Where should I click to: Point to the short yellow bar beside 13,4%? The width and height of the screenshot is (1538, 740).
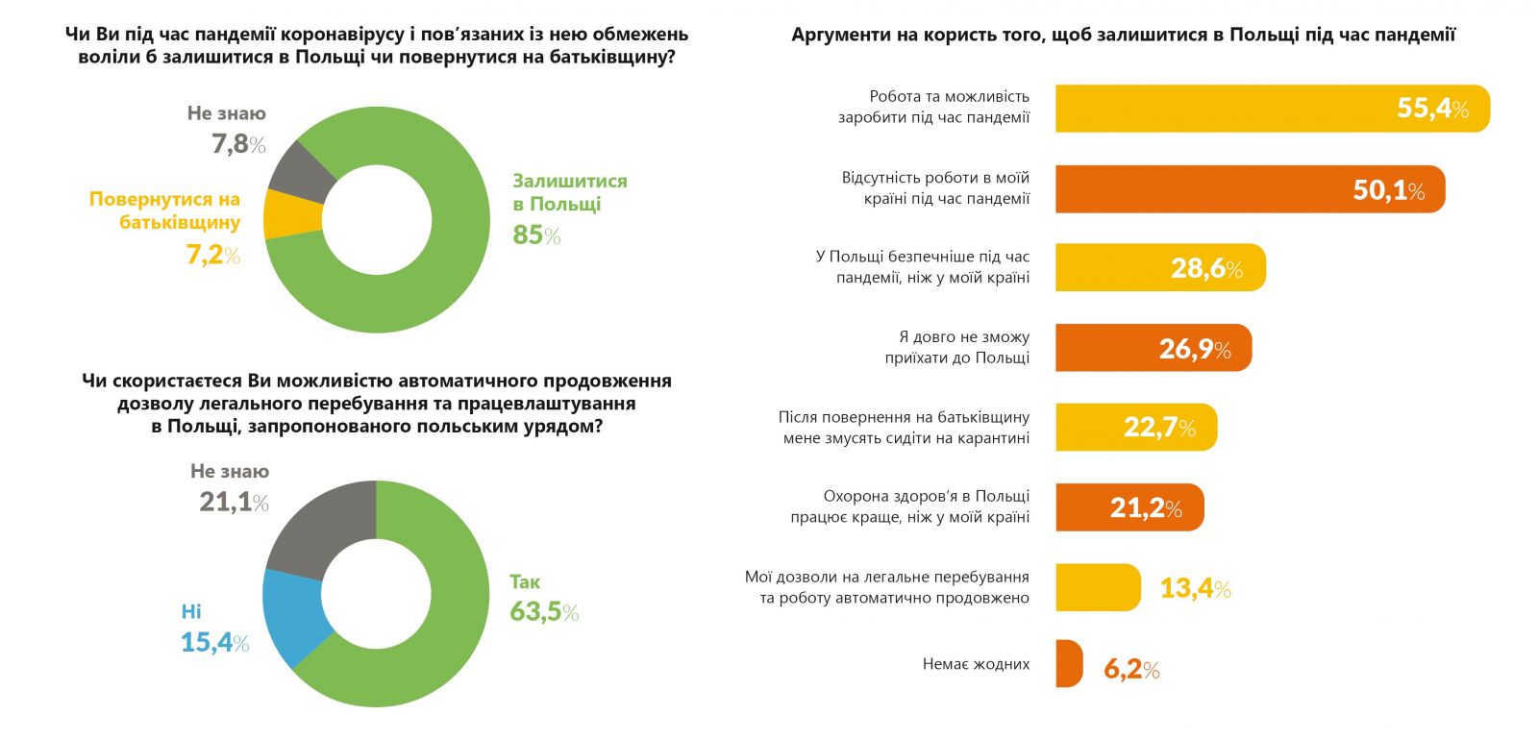[x=1097, y=587]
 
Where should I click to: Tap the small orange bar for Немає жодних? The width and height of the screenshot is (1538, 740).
[x=1068, y=664]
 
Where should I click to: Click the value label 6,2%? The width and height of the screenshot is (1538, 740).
[x=1131, y=669]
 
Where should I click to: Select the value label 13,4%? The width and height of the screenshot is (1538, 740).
[x=1195, y=587]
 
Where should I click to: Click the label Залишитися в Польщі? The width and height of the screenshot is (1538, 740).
[x=569, y=192]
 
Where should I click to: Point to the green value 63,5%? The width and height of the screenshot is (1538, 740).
[x=544, y=612]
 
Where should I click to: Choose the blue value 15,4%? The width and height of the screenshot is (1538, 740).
[x=214, y=643]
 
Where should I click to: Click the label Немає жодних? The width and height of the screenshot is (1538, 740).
[x=976, y=664]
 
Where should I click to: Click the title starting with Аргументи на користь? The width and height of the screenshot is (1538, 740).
[x=1123, y=35]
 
